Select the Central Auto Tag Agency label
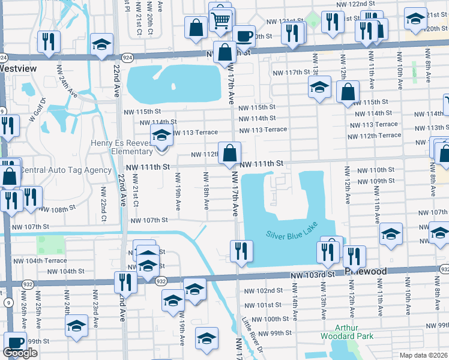click(x=66, y=170)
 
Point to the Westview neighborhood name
click(x=18, y=68)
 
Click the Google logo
click(x=20, y=353)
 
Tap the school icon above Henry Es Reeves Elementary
click(x=161, y=136)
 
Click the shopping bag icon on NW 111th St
click(x=229, y=154)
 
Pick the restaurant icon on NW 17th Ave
click(x=241, y=251)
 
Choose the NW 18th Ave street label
click(x=206, y=191)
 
